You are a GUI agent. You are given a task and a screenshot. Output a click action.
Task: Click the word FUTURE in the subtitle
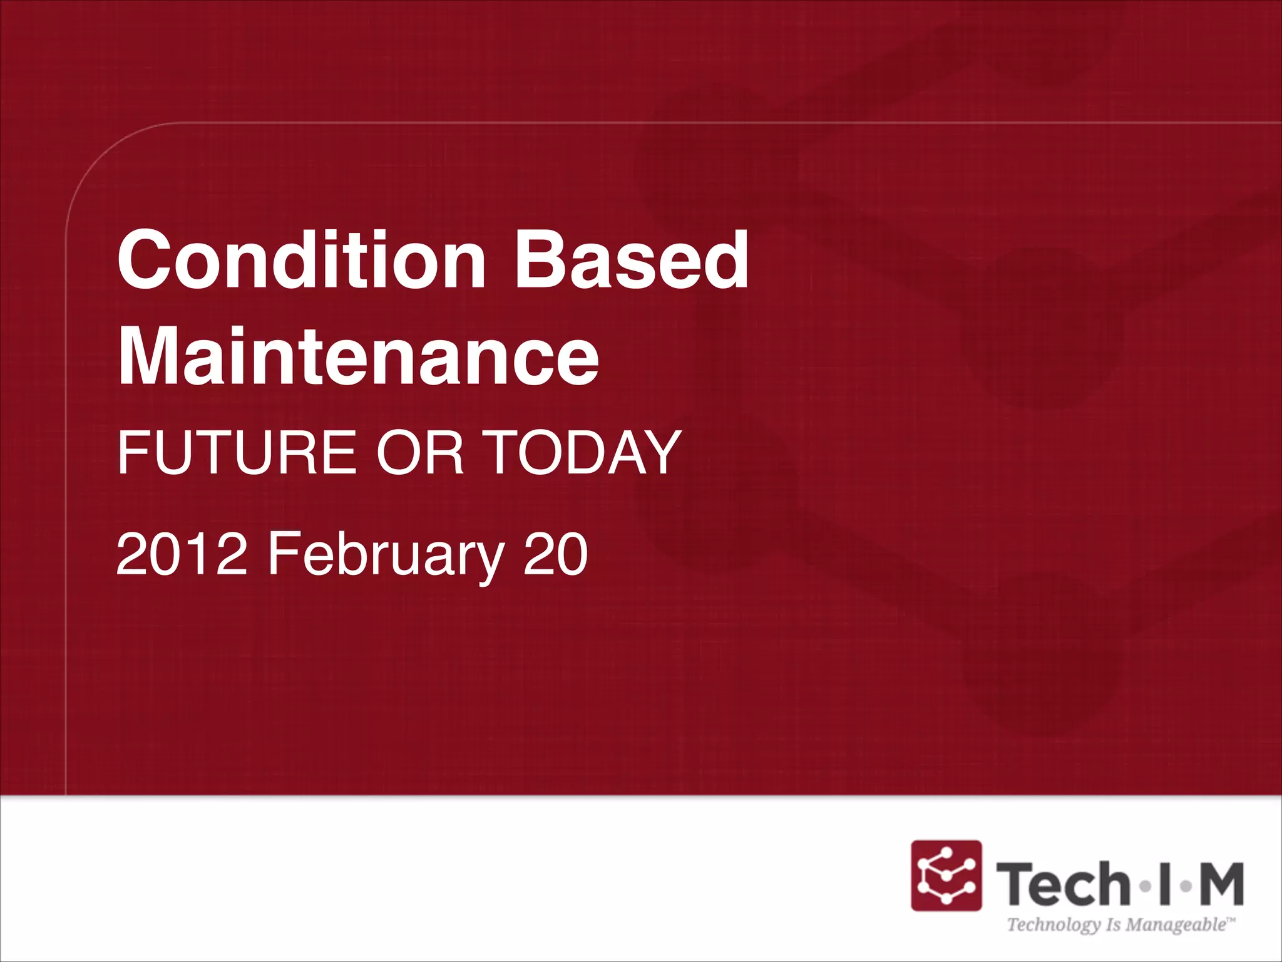(237, 452)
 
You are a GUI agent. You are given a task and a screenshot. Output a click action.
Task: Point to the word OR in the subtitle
(420, 452)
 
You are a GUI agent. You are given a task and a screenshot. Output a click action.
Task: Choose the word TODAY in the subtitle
(583, 452)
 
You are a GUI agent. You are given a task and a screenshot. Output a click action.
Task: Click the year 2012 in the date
(182, 554)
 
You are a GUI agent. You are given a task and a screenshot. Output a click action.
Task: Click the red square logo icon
(946, 875)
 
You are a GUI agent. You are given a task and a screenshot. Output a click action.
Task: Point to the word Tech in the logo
(1064, 884)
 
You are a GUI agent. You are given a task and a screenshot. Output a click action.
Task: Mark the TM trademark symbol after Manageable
(1231, 919)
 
